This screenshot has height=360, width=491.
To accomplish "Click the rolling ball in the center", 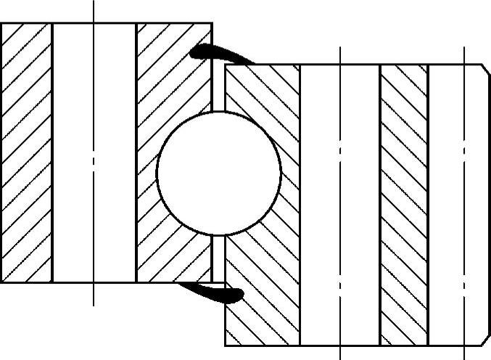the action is click(218, 173).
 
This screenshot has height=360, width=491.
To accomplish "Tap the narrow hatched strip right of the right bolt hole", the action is click(404, 203).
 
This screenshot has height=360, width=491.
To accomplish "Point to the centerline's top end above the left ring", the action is click(94, 4).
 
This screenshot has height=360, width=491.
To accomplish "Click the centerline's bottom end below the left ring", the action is click(94, 303).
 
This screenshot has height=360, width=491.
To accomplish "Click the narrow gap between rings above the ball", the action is click(218, 91).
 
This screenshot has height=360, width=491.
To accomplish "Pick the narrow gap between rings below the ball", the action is click(218, 258).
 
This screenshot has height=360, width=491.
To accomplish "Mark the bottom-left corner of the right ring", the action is click(226, 345).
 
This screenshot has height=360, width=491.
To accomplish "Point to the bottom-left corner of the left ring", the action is click(2, 281).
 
